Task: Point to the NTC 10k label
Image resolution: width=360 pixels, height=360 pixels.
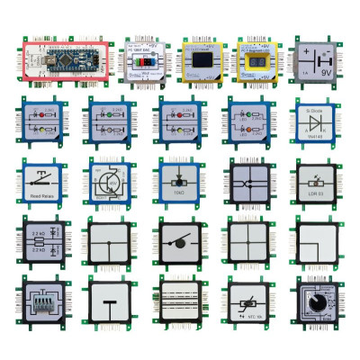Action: pyautogui.click(x=244, y=318)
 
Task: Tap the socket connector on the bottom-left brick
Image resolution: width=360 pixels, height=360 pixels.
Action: pyautogui.click(x=39, y=304)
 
